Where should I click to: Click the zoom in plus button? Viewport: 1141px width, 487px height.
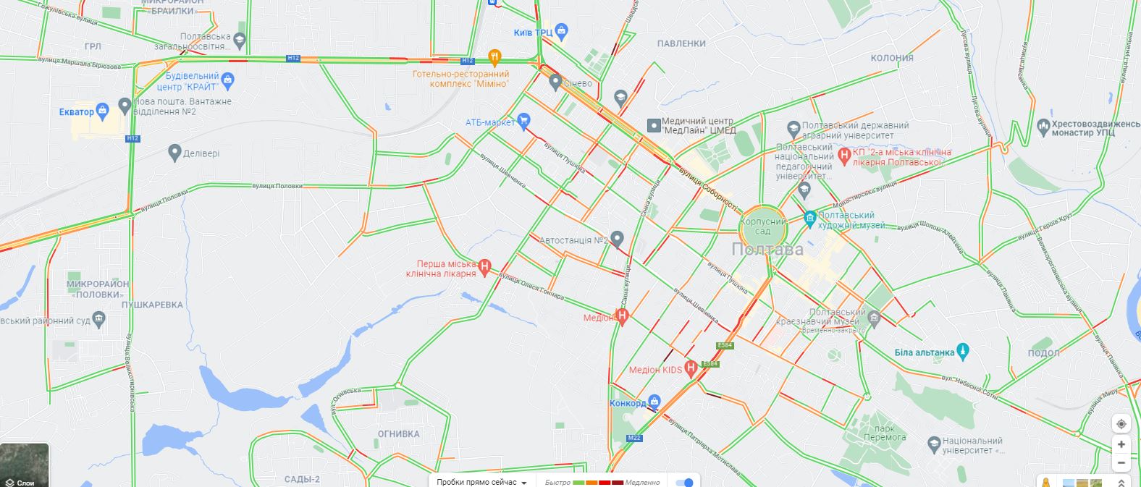(1121, 444)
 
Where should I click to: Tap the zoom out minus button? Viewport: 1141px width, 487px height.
(1121, 463)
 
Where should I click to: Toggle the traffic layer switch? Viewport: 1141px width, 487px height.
(684, 483)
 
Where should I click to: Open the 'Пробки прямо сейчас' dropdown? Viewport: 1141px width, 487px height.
(481, 483)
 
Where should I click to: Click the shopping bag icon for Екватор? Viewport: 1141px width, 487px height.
(102, 111)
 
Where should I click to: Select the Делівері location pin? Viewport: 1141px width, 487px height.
(174, 153)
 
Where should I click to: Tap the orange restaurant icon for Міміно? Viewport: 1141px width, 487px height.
(494, 57)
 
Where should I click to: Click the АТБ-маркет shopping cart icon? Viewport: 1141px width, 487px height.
(523, 121)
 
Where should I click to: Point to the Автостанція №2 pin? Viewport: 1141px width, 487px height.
(617, 238)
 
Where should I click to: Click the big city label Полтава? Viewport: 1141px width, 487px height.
(767, 250)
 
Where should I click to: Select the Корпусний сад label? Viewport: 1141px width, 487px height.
(763, 226)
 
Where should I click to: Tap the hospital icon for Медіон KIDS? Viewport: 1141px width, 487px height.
(691, 368)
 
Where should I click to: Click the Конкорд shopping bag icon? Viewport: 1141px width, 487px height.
(654, 402)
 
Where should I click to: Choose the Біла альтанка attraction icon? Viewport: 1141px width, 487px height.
(962, 352)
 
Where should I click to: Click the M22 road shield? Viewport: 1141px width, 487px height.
(634, 438)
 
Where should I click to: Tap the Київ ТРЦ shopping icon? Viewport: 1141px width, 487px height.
(562, 31)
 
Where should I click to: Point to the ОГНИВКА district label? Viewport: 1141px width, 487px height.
(398, 434)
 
